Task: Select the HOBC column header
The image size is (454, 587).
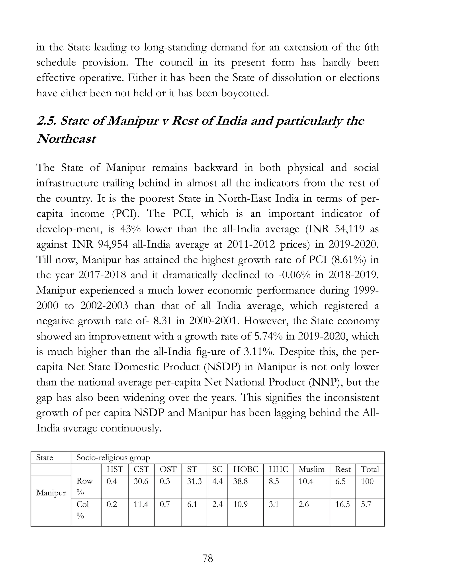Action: click(x=245, y=469)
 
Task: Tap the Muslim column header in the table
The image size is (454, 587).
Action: click(x=311, y=469)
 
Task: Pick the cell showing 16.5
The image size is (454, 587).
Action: click(x=342, y=504)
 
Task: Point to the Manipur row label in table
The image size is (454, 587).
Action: click(x=51, y=493)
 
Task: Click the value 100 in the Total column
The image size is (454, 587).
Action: click(x=367, y=481)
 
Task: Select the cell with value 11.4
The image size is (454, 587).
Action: click(x=141, y=504)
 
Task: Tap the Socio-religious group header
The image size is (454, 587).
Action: click(x=113, y=457)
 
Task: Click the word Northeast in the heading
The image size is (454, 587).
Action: click(x=66, y=139)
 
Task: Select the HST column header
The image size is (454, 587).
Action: click(x=115, y=469)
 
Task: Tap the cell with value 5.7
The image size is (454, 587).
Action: click(x=366, y=504)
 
